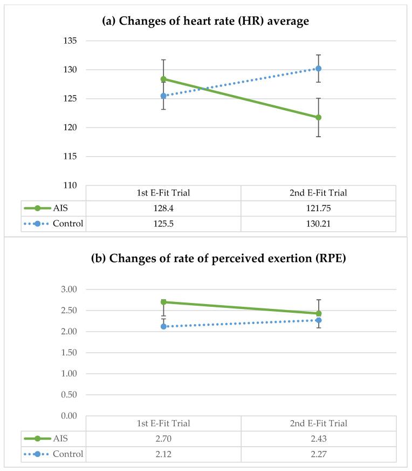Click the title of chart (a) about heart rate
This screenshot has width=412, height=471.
pyautogui.click(x=205, y=22)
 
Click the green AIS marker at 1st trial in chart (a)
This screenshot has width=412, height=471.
pyautogui.click(x=163, y=79)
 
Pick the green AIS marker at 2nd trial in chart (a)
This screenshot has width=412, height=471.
pyautogui.click(x=319, y=117)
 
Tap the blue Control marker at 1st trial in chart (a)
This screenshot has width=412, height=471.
pyautogui.click(x=163, y=96)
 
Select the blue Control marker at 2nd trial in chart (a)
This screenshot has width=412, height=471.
pyautogui.click(x=319, y=69)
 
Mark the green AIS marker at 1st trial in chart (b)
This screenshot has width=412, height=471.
pyautogui.click(x=163, y=302)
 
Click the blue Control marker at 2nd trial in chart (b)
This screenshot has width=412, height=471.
pyautogui.click(x=319, y=320)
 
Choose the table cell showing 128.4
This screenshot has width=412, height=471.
pyautogui.click(x=163, y=208)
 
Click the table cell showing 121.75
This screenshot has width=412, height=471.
pyautogui.click(x=319, y=208)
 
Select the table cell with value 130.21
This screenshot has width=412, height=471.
pyautogui.click(x=319, y=224)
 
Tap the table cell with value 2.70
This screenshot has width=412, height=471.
pyautogui.click(x=163, y=439)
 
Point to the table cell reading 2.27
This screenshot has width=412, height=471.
pyautogui.click(x=319, y=454)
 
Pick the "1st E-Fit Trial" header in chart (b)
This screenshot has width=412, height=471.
pyautogui.click(x=163, y=423)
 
